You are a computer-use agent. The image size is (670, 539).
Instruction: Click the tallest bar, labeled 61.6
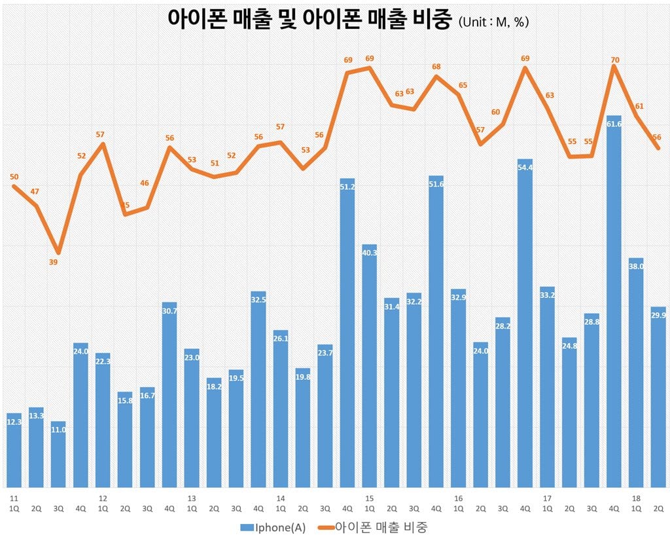click(614, 301)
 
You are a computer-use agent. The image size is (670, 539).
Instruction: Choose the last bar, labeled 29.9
click(658, 396)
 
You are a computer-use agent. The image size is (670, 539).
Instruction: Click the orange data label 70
click(614, 60)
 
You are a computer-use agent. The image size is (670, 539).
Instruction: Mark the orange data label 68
click(436, 66)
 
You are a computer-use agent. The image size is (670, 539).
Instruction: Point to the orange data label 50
click(14, 176)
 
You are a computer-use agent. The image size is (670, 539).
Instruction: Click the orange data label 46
click(145, 183)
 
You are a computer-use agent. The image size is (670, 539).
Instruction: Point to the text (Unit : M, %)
click(493, 22)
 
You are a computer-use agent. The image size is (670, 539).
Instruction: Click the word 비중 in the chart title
click(429, 19)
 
